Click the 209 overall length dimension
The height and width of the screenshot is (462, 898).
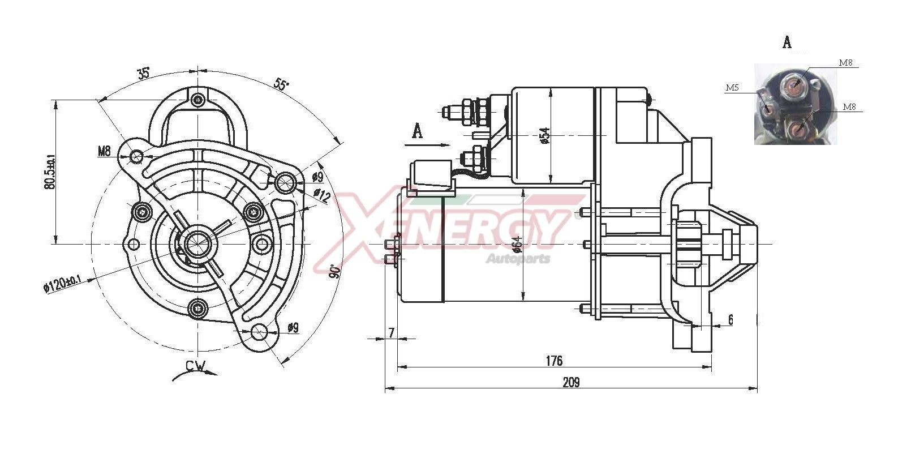click(x=571, y=382)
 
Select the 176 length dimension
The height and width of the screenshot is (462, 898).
click(x=554, y=361)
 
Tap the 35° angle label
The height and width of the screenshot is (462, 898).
click(x=143, y=73)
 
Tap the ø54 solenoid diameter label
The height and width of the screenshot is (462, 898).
click(x=544, y=136)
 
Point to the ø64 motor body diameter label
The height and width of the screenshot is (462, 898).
click(x=517, y=243)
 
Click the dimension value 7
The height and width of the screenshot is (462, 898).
click(x=391, y=333)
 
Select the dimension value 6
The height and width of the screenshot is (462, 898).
click(x=730, y=320)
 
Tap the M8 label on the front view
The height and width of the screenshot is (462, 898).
click(x=104, y=151)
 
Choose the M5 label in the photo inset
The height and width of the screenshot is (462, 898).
click(x=732, y=88)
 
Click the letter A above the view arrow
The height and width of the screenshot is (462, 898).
click(x=418, y=131)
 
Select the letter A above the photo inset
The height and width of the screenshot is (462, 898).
click(x=787, y=42)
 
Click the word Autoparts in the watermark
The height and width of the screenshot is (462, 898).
click(x=518, y=259)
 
